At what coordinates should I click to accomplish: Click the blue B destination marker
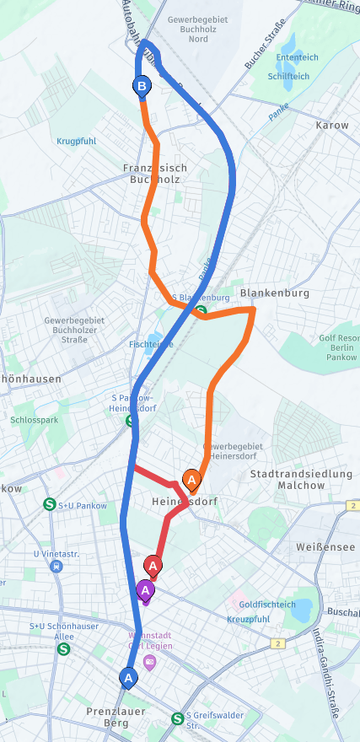(x=142, y=85)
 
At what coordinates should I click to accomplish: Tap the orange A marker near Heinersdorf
(x=191, y=481)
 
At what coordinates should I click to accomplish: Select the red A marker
(x=153, y=565)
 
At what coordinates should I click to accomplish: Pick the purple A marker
(x=145, y=589)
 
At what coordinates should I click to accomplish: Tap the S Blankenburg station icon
(x=201, y=311)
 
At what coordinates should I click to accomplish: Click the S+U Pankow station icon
(x=50, y=504)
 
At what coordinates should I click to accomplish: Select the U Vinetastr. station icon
(x=56, y=567)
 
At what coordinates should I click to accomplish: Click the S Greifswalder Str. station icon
(x=177, y=718)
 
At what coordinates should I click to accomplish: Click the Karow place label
(x=331, y=125)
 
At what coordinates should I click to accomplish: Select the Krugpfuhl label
(x=78, y=141)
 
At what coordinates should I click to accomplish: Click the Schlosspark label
(x=34, y=419)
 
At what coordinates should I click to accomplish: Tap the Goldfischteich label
(x=267, y=605)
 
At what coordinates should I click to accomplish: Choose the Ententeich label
(x=297, y=57)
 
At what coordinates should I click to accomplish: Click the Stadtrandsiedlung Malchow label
(x=300, y=480)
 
